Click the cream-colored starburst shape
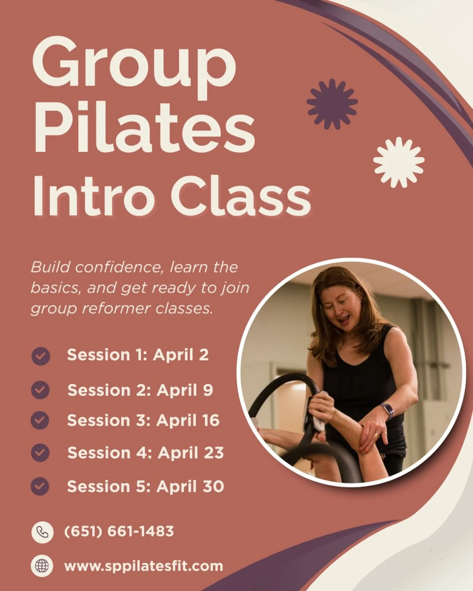click(398, 162)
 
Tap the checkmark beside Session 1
click(41, 356)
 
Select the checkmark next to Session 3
click(40, 420)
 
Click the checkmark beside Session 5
click(40, 486)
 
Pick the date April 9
click(185, 390)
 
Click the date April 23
click(191, 453)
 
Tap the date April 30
click(190, 487)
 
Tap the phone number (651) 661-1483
click(119, 531)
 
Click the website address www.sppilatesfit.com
click(144, 566)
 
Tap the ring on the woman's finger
click(377, 435)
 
